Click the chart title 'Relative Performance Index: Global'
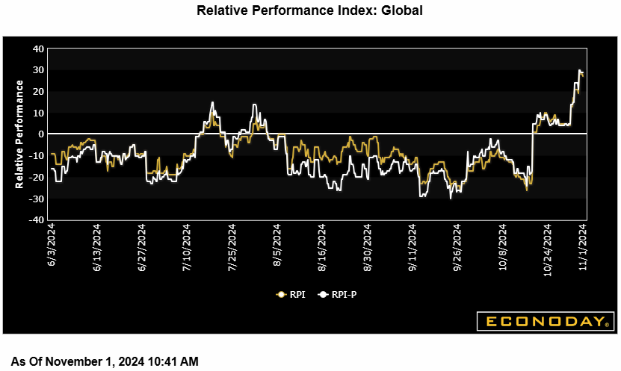point(310,10)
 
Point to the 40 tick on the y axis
point(38,49)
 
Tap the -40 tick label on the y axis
point(36,220)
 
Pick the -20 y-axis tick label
point(36,178)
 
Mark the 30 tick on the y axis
point(38,70)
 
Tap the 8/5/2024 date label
point(277,246)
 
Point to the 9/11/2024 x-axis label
point(413,249)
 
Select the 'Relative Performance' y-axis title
point(20,134)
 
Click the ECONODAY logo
point(546,322)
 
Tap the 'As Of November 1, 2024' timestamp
point(105,362)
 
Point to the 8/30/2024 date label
point(368,249)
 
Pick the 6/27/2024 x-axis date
point(143,249)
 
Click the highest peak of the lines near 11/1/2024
point(579,70)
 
